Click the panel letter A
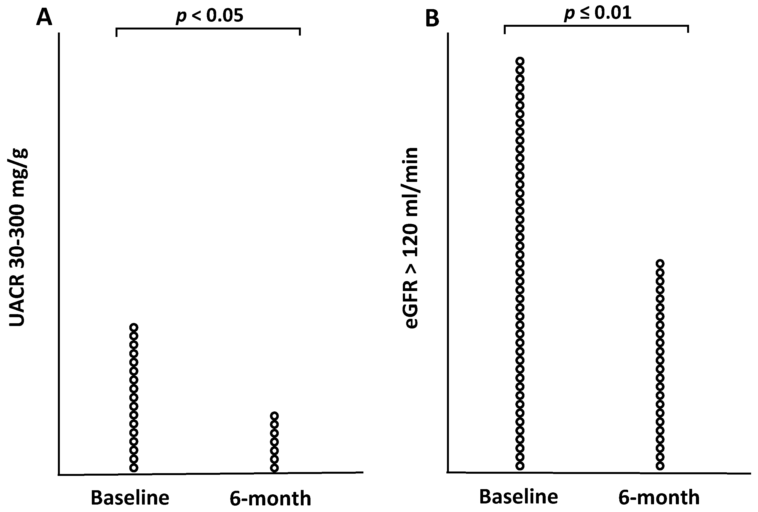pos(44,18)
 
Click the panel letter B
pos(432,19)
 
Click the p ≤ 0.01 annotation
pos(598,13)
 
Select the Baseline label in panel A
pos(130,498)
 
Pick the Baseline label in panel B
pos(519,497)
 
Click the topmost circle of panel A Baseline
pos(134,327)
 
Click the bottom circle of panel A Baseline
pos(134,468)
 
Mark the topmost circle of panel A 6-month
pos(274,416)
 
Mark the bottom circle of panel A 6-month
pos(274,468)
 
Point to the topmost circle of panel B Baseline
pos(520,61)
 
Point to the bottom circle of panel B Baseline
pos(520,466)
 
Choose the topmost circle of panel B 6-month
pos(660,263)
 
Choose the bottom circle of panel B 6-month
pos(660,466)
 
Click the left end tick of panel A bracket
pos(116,33)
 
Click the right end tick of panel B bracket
pos(688,29)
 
